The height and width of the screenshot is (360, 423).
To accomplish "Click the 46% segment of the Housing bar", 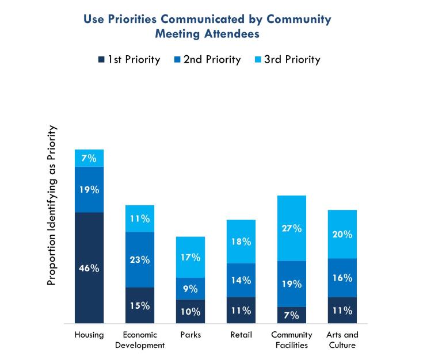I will [x=89, y=268].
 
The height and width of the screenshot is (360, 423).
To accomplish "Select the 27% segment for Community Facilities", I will [x=292, y=228].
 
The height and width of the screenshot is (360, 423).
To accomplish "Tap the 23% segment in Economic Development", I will [x=140, y=259].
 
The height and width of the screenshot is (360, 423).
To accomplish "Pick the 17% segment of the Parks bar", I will [x=190, y=257].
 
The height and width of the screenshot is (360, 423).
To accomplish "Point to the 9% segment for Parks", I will [x=190, y=289].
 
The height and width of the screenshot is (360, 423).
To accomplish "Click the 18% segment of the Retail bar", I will [x=241, y=242].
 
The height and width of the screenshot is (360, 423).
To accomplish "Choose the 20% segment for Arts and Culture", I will [x=342, y=234].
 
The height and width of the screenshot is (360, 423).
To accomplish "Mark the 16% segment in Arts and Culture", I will [x=342, y=278].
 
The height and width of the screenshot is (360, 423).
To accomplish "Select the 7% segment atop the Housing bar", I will [x=89, y=158].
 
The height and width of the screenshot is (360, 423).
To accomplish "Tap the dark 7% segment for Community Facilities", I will [x=292, y=315].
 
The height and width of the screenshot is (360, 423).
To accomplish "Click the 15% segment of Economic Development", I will [x=140, y=305].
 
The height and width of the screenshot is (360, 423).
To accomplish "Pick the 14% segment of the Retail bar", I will [x=241, y=280].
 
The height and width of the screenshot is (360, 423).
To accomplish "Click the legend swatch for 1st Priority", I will [x=102, y=60].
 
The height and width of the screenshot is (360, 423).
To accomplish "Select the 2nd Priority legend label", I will [x=212, y=60].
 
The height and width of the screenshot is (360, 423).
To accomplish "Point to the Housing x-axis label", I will [x=89, y=335].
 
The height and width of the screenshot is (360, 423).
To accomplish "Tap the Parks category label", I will [x=190, y=335].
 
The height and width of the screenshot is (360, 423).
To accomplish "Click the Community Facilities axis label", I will [x=292, y=340].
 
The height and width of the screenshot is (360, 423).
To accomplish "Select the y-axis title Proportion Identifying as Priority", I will [x=51, y=205].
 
